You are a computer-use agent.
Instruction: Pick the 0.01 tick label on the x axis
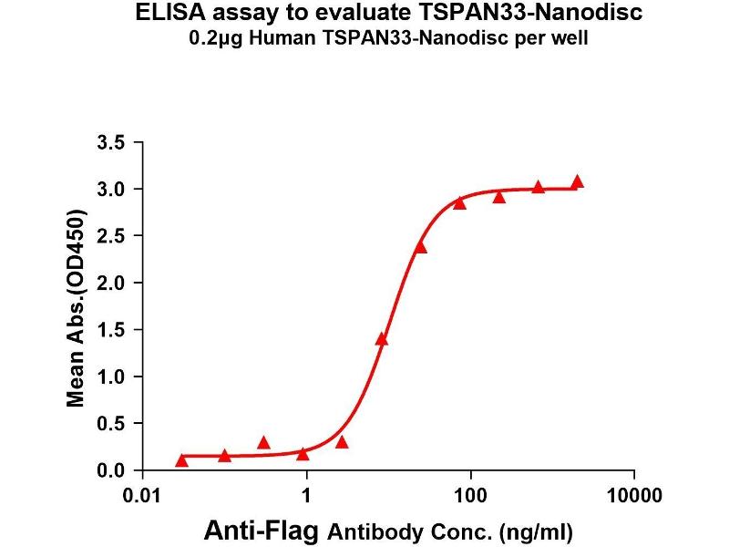point(143,497)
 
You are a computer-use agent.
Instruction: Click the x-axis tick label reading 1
point(307,497)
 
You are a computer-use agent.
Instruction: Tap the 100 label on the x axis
point(470,497)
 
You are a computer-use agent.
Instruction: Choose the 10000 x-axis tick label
point(633,497)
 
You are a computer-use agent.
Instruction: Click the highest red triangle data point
point(577,182)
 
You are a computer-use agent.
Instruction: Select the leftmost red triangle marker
point(182,459)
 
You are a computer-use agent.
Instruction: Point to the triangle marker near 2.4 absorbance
point(420,247)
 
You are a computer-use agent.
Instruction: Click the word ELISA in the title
point(166,15)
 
